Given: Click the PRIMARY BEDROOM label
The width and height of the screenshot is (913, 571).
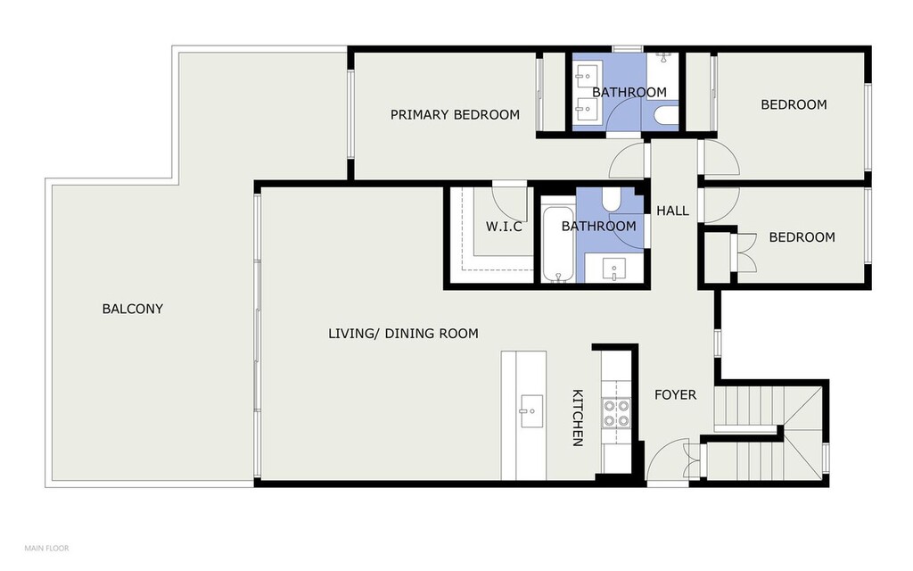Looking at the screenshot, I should [x=455, y=114].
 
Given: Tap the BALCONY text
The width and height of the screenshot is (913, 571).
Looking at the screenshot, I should [x=132, y=309].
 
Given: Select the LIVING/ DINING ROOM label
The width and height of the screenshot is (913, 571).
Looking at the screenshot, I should [x=403, y=334].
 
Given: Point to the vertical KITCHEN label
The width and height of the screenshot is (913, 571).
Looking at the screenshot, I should [x=577, y=418].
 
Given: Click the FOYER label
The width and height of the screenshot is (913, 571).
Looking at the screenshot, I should [x=675, y=394].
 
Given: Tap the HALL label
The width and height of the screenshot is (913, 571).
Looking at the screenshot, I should [x=672, y=211].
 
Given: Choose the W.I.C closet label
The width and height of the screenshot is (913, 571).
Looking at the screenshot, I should [x=503, y=227].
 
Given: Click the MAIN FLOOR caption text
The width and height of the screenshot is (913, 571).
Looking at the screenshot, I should [x=46, y=548].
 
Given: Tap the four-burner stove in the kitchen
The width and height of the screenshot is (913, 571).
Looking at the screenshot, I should [x=616, y=412].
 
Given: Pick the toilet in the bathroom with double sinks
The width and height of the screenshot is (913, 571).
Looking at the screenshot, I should [x=665, y=116].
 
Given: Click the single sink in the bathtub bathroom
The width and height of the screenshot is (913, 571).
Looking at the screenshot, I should [x=614, y=269].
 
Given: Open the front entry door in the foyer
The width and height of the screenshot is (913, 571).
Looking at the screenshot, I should [x=668, y=460].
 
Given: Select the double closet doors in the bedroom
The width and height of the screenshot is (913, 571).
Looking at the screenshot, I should [x=743, y=251].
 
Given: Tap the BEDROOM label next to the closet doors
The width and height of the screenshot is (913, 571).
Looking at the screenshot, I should [x=802, y=237].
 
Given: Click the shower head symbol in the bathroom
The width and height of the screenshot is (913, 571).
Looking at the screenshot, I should [x=663, y=56].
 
